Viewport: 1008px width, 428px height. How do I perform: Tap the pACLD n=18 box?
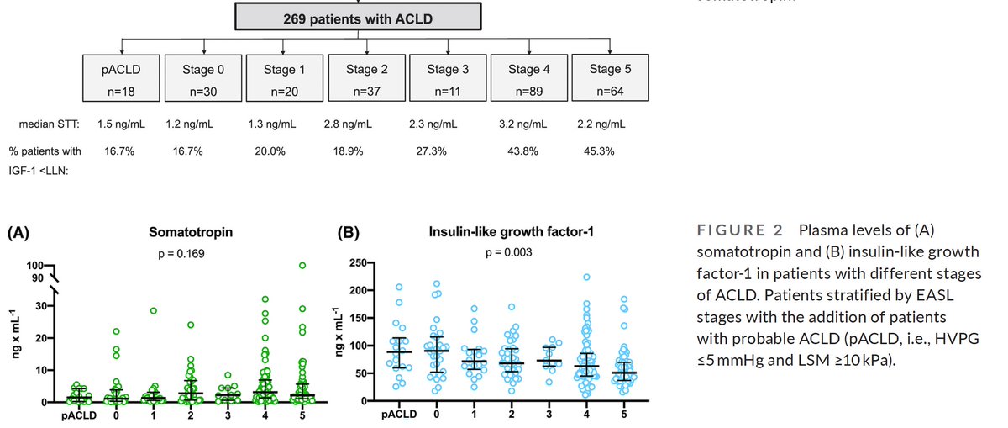click(123, 80)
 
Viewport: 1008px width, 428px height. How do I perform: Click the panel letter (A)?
click(20, 233)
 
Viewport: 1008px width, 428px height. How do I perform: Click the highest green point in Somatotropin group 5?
click(302, 266)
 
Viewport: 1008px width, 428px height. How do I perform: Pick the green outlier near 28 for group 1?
click(155, 310)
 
